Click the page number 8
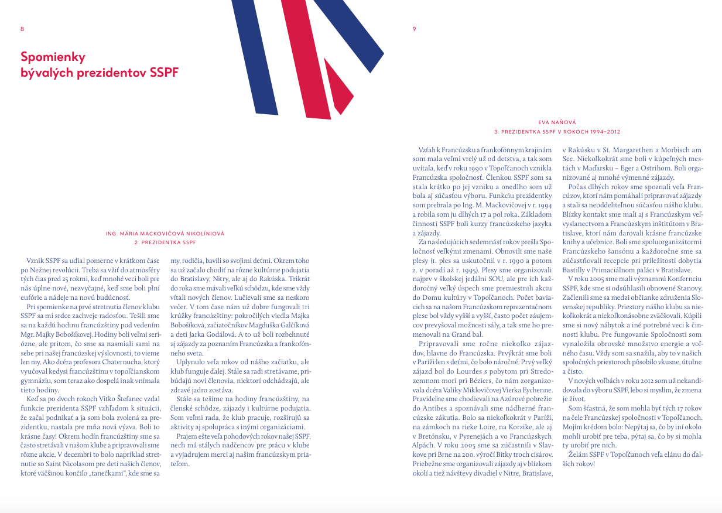[x=22, y=29]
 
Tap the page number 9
[x=414, y=29]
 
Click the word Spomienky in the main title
[x=53, y=57]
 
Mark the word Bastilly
[x=574, y=271]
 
